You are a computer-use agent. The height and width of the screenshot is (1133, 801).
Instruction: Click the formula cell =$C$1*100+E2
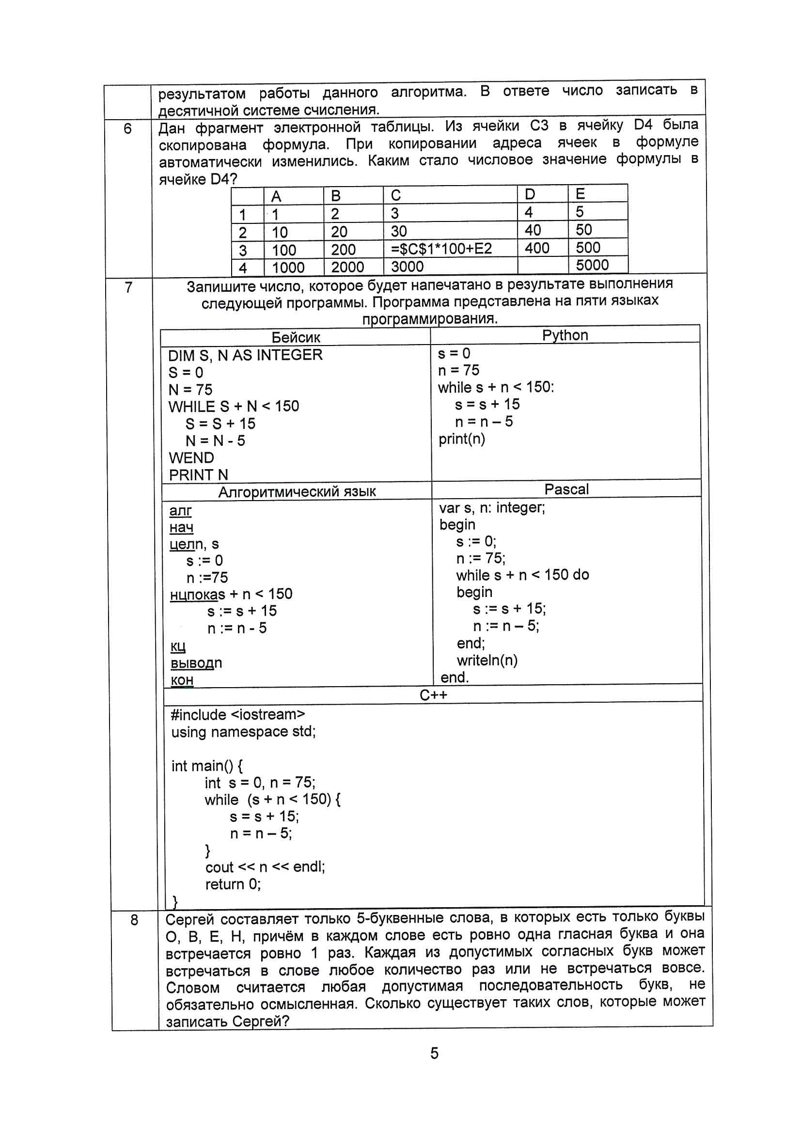click(441, 248)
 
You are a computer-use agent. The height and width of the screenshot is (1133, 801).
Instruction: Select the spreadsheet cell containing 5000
click(592, 265)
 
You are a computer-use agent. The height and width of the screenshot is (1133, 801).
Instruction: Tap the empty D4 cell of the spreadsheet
click(542, 266)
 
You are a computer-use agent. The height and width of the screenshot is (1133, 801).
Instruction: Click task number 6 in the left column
click(127, 129)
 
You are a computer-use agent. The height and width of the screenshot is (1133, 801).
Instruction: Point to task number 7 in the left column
click(128, 287)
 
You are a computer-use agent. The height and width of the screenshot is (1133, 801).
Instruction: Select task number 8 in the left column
click(134, 920)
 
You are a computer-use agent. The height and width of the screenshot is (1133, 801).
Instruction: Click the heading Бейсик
click(296, 338)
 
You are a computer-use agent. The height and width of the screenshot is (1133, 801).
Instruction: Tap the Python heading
click(565, 335)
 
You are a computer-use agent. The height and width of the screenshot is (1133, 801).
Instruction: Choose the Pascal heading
click(566, 489)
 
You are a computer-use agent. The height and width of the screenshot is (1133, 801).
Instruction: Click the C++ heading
click(433, 695)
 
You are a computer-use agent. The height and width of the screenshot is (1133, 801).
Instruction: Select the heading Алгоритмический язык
click(297, 491)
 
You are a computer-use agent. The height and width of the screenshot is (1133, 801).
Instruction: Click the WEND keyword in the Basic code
click(191, 457)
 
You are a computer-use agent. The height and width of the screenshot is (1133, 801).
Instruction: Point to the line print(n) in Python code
click(461, 439)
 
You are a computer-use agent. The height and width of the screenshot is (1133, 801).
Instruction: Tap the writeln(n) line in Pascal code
click(487, 660)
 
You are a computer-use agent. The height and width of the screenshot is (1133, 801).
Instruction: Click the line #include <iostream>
click(238, 714)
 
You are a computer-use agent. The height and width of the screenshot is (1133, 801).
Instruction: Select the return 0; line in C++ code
click(233, 884)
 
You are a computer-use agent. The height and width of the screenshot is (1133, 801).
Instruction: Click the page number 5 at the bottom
click(434, 1053)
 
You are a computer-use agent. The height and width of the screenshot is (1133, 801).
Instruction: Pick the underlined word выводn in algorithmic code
click(196, 663)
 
